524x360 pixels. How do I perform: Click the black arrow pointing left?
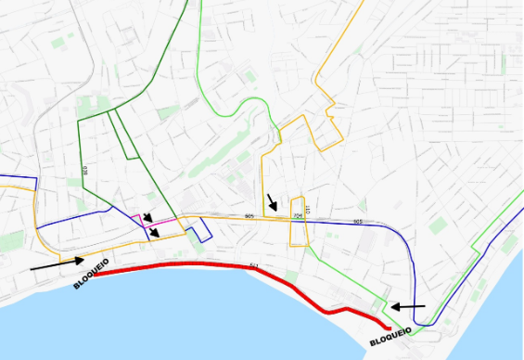[x=407, y=305]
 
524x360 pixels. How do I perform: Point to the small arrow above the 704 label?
[x=271, y=201]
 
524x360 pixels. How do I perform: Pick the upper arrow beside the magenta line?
[x=147, y=216]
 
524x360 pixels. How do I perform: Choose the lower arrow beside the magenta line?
[x=157, y=232]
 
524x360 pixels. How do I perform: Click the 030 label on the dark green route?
[x=84, y=171]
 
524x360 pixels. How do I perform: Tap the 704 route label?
[x=297, y=217]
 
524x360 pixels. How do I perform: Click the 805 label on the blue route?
[x=357, y=223]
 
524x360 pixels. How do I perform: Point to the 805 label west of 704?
[x=249, y=216]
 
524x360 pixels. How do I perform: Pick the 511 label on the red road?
[x=251, y=266]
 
